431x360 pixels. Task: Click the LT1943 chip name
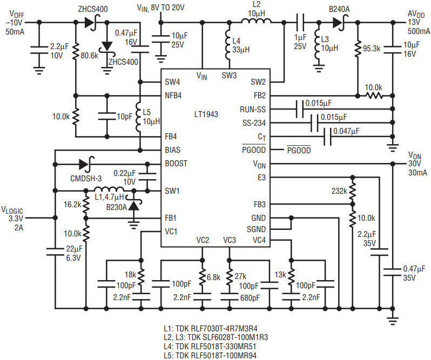206,114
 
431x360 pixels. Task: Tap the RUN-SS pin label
253,110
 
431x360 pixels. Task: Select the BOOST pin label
176,164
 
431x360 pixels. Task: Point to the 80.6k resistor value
89,56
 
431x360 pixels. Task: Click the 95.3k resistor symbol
358,49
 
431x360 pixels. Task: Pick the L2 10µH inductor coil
256,21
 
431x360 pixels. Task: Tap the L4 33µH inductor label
241,45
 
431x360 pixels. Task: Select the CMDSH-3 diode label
86,179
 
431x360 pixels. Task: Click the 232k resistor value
339,191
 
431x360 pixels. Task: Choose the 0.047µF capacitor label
346,131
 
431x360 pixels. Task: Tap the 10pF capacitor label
125,117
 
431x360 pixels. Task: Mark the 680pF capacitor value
250,298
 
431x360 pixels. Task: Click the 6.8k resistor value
213,277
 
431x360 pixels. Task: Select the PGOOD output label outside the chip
299,150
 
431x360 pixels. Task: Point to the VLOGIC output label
12,218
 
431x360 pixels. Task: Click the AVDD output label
419,23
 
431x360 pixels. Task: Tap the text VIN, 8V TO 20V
160,8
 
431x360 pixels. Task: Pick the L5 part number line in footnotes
210,355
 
